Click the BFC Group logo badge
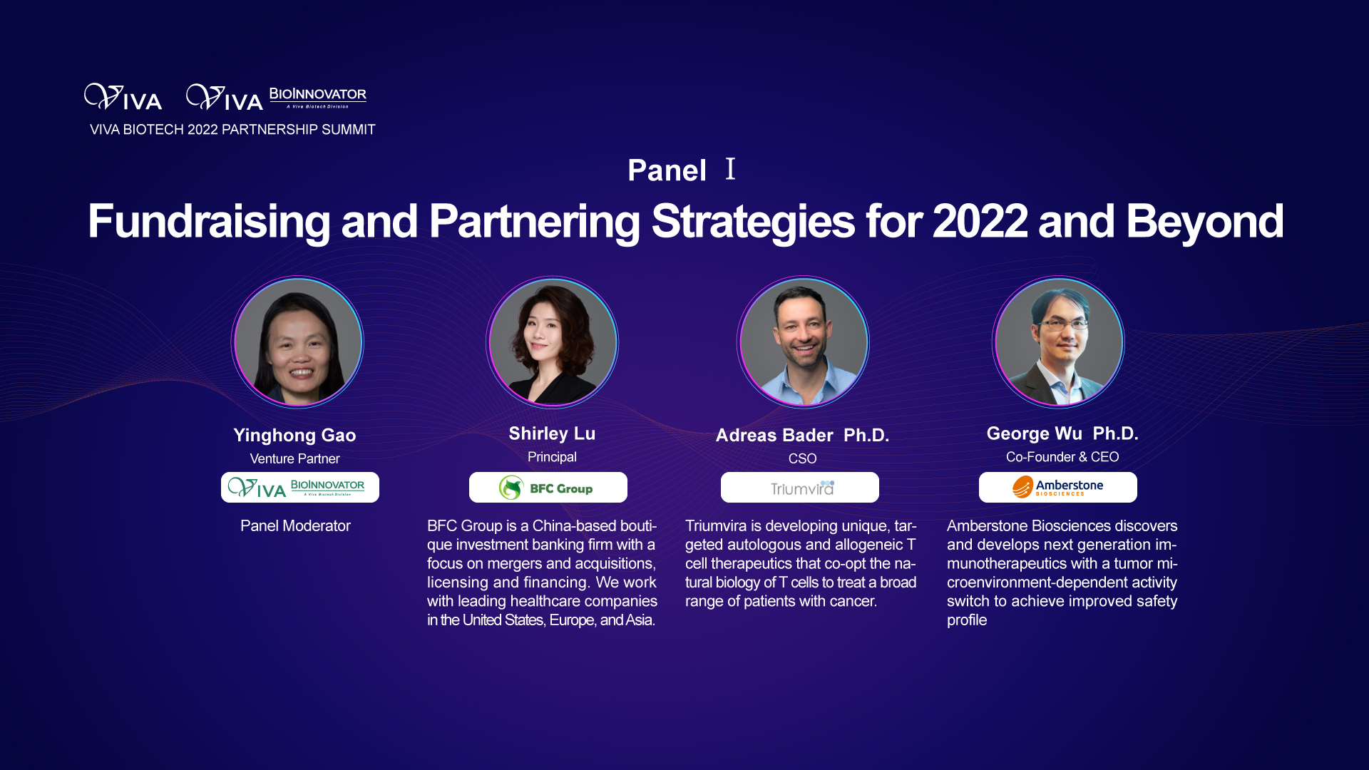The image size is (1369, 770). pyautogui.click(x=548, y=488)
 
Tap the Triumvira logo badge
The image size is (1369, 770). pyautogui.click(x=800, y=488)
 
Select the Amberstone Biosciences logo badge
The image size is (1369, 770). pyautogui.click(x=1058, y=488)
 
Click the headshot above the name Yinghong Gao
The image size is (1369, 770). pyautogui.click(x=297, y=342)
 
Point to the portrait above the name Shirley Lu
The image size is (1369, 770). pyautogui.click(x=553, y=342)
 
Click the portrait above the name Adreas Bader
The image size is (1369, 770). pyautogui.click(x=804, y=342)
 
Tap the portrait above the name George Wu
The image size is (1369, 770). pyautogui.click(x=1059, y=342)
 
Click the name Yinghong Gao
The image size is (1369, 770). pyautogui.click(x=294, y=435)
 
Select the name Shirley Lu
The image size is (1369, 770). pyautogui.click(x=552, y=433)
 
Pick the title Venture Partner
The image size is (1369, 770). pyautogui.click(x=294, y=458)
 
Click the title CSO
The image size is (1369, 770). pyautogui.click(x=802, y=458)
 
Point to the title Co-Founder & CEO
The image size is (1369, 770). pyautogui.click(x=1062, y=457)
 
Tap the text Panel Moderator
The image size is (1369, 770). pyautogui.click(x=295, y=526)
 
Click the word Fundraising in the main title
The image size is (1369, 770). pyautogui.click(x=209, y=222)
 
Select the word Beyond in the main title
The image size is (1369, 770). pyautogui.click(x=1205, y=222)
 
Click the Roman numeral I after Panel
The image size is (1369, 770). pyautogui.click(x=730, y=169)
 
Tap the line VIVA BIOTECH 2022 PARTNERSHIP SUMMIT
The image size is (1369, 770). pyautogui.click(x=232, y=130)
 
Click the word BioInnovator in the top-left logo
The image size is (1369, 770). pyautogui.click(x=317, y=94)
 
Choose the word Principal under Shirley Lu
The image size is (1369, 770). pyautogui.click(x=552, y=457)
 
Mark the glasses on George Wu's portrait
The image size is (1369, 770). pyautogui.click(x=1062, y=324)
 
